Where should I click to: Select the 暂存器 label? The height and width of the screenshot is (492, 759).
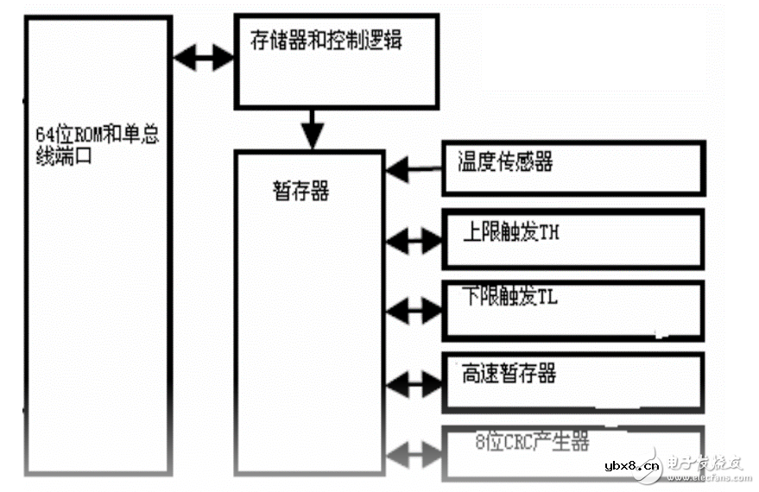(x=300, y=191)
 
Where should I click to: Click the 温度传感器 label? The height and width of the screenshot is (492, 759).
(x=505, y=161)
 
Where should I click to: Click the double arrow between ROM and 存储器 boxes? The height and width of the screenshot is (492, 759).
(x=204, y=59)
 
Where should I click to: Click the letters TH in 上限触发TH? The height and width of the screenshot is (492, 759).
(x=552, y=232)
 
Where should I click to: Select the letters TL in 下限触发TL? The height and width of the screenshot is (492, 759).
(x=549, y=296)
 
